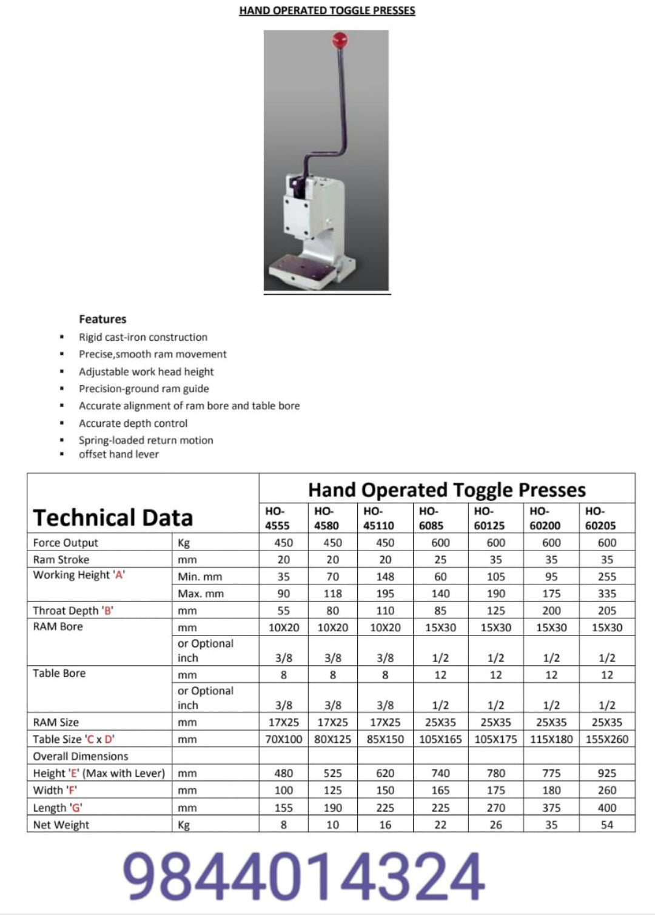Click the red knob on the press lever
[x=339, y=41]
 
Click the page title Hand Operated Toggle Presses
[x=327, y=10]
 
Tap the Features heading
[x=102, y=319]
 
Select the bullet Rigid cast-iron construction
[x=143, y=337]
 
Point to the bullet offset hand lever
[x=119, y=454]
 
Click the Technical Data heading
[x=113, y=518]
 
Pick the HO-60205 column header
[x=600, y=518]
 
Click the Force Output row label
[x=65, y=543]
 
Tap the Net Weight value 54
[x=606, y=825]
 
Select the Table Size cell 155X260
[x=606, y=739]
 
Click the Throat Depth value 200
[x=551, y=611]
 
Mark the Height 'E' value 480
[x=283, y=773]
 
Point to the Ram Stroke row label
[x=61, y=560]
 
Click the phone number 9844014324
[x=305, y=876]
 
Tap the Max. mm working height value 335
[x=606, y=594]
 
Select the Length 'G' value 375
[x=551, y=808]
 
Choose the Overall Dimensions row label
[x=81, y=756]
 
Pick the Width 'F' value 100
[x=283, y=790]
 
